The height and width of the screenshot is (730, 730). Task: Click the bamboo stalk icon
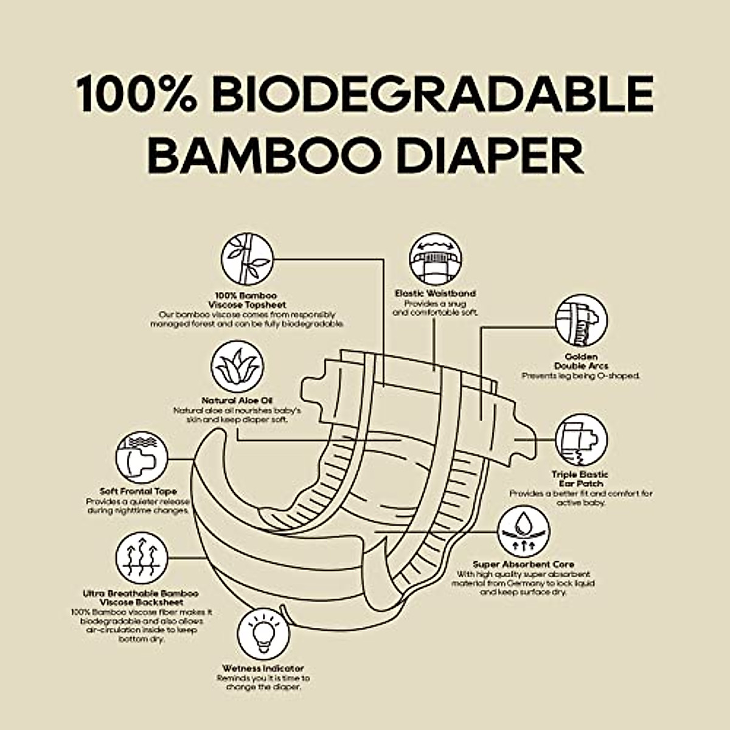coord(246,259)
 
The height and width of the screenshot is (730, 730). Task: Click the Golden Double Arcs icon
coord(581,321)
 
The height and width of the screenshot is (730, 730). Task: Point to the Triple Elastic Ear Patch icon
coord(581,440)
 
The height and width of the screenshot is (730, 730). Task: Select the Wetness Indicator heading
coord(263,669)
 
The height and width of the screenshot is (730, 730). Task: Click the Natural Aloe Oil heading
coord(237,400)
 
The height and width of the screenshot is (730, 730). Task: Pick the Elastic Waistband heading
coord(435,293)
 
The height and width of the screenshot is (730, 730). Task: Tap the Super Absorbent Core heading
coord(523,565)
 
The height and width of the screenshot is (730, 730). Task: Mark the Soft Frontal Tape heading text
coord(139,491)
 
